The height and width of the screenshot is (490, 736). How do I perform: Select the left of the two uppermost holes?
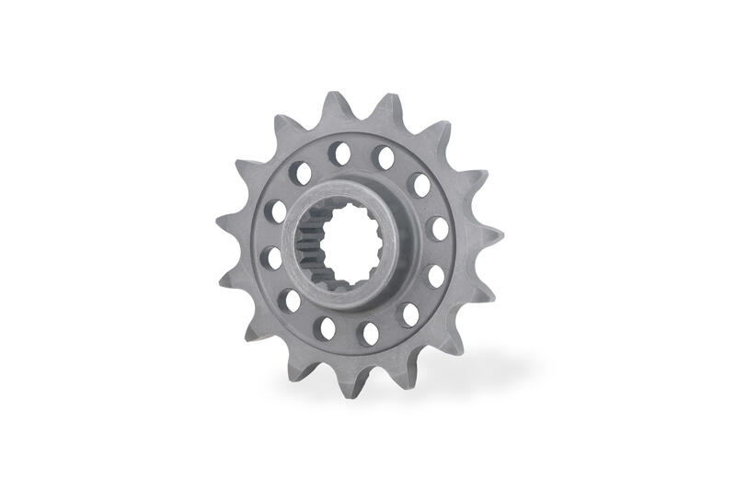tap(339, 154)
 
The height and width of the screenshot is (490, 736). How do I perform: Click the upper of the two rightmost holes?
tap(439, 228)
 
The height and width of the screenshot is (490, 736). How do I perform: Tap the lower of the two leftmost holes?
tap(271, 258)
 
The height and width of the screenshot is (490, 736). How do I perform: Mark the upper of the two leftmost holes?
tap(276, 211)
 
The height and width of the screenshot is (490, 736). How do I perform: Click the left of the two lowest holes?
tap(325, 328)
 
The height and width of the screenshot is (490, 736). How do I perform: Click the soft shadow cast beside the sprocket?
tap(478, 368)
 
